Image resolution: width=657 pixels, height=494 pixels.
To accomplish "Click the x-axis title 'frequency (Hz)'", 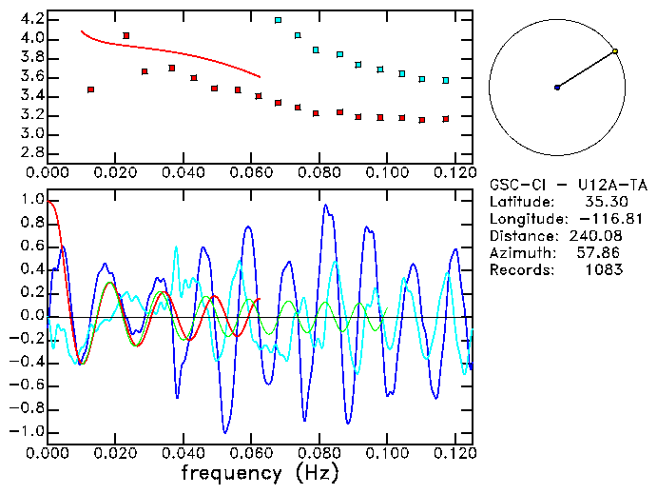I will pyautogui.click(x=259, y=472).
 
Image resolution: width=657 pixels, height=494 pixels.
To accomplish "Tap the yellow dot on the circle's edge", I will pyautogui.click(x=615, y=51).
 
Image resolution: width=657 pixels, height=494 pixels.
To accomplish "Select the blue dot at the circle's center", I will pyautogui.click(x=557, y=88).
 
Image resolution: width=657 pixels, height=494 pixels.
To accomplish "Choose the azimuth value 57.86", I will pyautogui.click(x=604, y=253).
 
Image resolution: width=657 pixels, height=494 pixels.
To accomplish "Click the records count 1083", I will pyautogui.click(x=604, y=270).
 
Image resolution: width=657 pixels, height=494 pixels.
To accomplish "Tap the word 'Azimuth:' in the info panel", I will pyautogui.click(x=521, y=253).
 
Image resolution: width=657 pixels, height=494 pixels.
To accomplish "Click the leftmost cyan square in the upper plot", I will pyautogui.click(x=278, y=20).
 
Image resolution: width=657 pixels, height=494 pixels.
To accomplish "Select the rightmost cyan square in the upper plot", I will pyautogui.click(x=445, y=81).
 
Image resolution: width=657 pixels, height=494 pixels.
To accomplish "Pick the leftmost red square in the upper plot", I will pyautogui.click(x=90, y=89).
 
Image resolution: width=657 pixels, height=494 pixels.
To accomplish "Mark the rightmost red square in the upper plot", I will pyautogui.click(x=445, y=119).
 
